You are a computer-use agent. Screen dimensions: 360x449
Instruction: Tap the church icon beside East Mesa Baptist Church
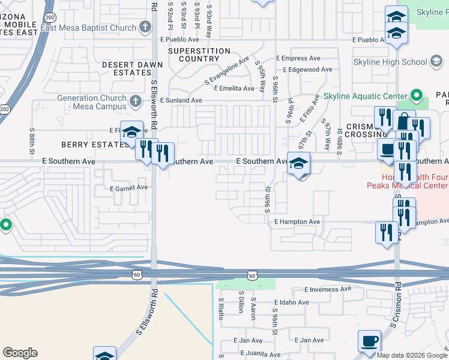coord(145,27)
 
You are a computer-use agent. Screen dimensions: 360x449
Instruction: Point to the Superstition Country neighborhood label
coord(199,55)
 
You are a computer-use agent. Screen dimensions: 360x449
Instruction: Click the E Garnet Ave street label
coord(128,187)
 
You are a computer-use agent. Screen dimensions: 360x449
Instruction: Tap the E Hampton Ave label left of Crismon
coord(297,221)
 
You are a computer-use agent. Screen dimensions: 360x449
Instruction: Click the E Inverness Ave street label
coord(328,289)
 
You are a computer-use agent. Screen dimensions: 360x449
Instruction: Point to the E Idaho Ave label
coord(292,302)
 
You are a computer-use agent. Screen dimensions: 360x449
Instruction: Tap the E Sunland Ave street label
coord(181,100)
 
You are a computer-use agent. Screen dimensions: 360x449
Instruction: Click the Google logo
coord(20,353)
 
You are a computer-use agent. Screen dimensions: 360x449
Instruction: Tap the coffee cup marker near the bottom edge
coord(369,341)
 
